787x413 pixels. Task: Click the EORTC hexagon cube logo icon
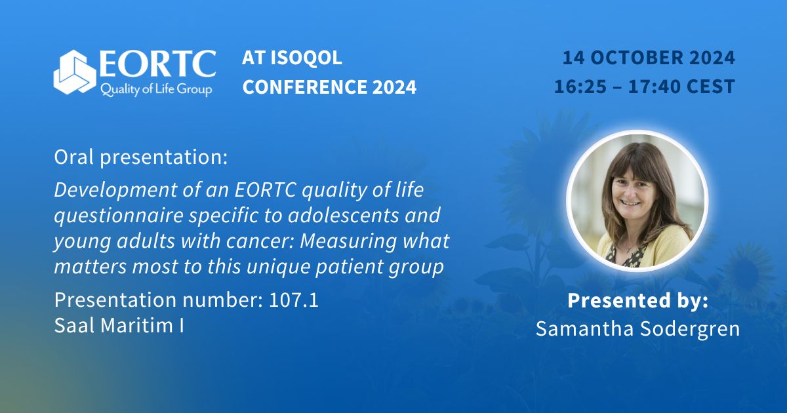click(x=75, y=72)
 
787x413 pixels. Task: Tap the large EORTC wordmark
click(x=157, y=64)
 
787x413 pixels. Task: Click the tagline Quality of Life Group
click(x=155, y=90)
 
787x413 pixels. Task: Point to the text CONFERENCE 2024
click(x=329, y=87)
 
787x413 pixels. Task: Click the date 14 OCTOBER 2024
click(x=648, y=58)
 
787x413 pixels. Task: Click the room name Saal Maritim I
click(x=119, y=325)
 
